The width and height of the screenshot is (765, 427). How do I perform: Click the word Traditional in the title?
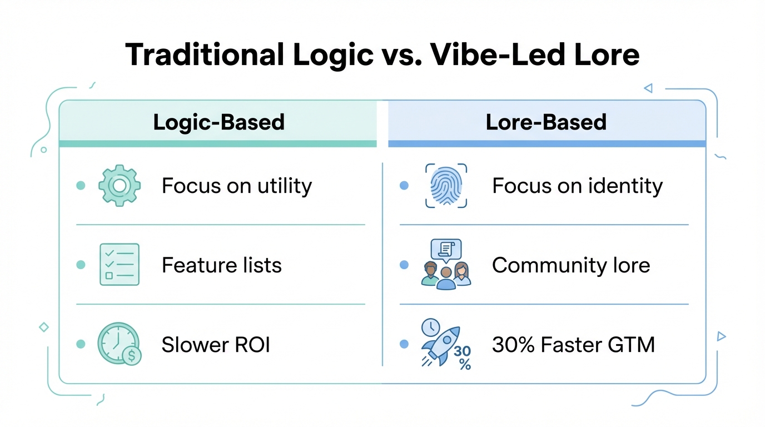click(201, 54)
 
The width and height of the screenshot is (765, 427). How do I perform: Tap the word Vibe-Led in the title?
click(478, 54)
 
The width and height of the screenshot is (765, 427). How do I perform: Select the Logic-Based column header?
click(218, 122)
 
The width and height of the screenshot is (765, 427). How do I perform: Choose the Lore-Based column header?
click(546, 122)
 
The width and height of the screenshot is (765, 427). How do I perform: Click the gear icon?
click(120, 186)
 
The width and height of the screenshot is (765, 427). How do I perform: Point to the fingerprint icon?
click(446, 186)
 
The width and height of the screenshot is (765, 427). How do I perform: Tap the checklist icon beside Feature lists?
click(120, 265)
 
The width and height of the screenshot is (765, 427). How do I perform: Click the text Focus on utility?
click(237, 186)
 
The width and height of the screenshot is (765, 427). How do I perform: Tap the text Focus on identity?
click(577, 186)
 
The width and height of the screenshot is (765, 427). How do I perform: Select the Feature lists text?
click(221, 265)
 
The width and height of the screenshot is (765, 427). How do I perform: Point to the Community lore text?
click(571, 265)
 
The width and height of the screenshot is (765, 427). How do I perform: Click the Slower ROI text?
click(216, 345)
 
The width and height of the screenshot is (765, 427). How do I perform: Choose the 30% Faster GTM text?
click(573, 345)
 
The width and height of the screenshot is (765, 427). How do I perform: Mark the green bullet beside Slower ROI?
click(81, 345)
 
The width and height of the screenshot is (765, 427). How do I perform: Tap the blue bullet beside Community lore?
click(404, 265)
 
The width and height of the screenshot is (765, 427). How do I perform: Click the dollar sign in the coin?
click(132, 356)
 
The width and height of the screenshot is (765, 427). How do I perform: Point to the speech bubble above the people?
click(446, 250)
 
